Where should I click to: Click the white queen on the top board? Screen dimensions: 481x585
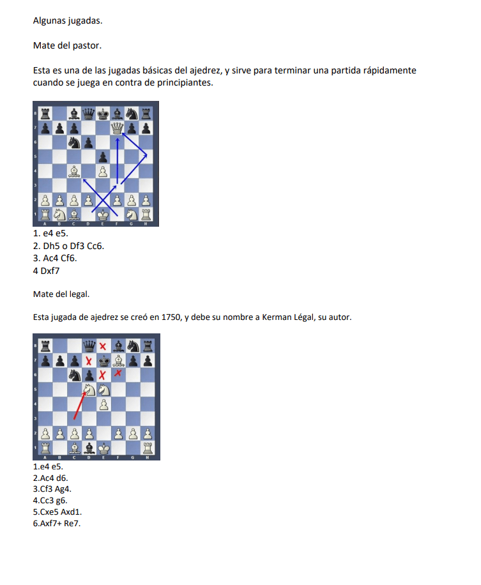pos(117,128)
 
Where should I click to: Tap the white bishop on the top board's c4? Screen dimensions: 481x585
pos(74,171)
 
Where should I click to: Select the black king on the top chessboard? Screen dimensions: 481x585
pos(103,114)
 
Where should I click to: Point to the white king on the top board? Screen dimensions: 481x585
pos(103,215)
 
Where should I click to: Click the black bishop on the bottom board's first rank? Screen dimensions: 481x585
pos(89,448)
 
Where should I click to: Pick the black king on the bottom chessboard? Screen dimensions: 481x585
pos(103,361)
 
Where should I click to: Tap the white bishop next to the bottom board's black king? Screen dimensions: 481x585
pos(118,361)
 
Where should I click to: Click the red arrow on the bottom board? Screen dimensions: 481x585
pos(79,406)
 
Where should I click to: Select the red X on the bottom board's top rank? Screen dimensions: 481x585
pos(103,346)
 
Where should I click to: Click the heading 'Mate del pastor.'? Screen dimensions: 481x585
pos(67,45)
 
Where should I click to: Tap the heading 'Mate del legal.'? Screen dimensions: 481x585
pos(61,294)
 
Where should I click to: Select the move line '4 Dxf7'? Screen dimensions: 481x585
pos(46,271)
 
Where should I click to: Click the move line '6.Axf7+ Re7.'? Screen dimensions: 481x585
pos(57,524)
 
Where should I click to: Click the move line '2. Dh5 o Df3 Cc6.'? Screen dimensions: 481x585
pos(68,246)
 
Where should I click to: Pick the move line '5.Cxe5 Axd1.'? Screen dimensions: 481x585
pos(57,512)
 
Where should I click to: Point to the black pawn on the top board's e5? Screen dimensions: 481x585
pos(103,156)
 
